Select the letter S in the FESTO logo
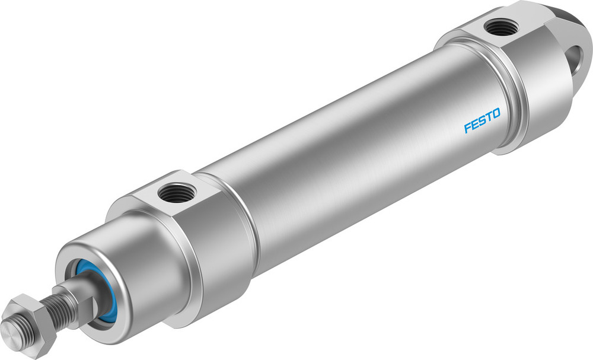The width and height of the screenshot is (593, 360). pyautogui.click(x=482, y=119)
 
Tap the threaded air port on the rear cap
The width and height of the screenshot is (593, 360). pyautogui.click(x=500, y=26)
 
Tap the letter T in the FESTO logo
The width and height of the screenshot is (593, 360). pyautogui.click(x=489, y=116)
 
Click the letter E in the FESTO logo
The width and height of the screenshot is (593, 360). pyautogui.click(x=474, y=124)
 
